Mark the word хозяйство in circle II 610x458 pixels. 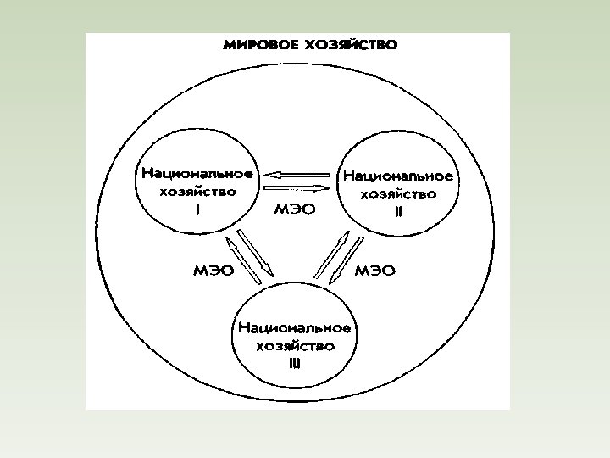pyautogui.click(x=398, y=194)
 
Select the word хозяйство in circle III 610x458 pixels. pyautogui.click(x=295, y=345)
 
